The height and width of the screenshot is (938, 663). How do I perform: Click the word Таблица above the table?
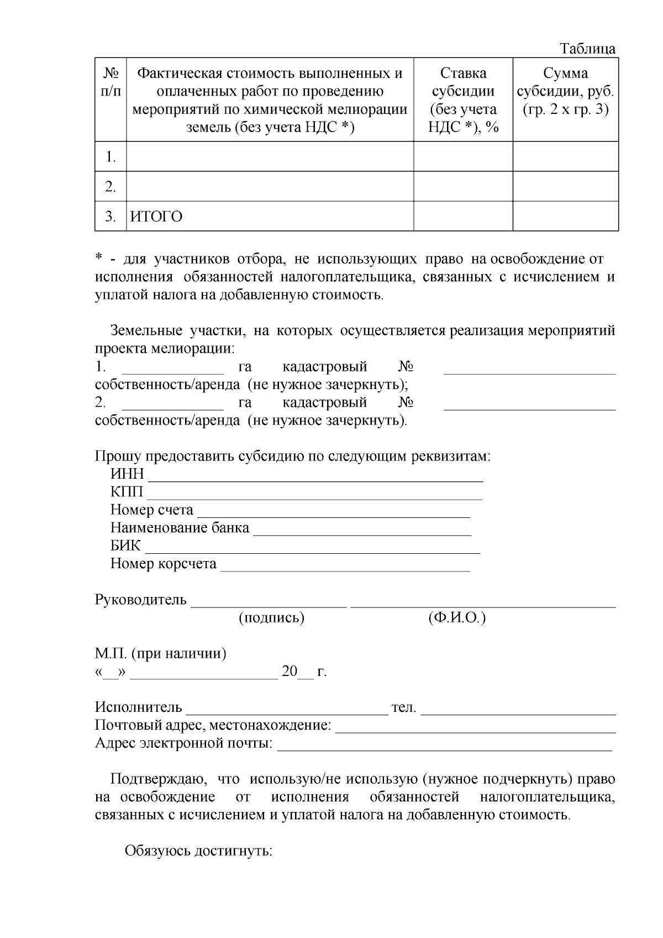(x=588, y=49)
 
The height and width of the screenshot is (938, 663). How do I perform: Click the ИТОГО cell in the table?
(x=156, y=216)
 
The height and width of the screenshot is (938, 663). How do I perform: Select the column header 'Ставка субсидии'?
(x=463, y=99)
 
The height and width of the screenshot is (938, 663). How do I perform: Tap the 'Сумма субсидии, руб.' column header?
(x=565, y=91)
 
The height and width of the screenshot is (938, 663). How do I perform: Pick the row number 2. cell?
(x=110, y=186)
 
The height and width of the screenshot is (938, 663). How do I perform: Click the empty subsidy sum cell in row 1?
(x=565, y=156)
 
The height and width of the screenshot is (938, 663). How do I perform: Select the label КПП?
(x=127, y=492)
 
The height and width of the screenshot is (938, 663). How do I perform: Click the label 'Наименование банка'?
(x=180, y=527)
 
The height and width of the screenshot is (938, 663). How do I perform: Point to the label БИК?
(x=125, y=546)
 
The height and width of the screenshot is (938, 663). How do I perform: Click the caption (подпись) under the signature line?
(x=271, y=617)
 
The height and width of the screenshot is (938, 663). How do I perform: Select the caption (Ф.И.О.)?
(x=457, y=617)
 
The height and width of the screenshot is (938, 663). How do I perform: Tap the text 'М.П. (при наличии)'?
(x=160, y=654)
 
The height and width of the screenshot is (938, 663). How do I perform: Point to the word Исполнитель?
(x=138, y=707)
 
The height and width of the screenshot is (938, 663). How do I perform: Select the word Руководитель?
(x=141, y=600)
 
